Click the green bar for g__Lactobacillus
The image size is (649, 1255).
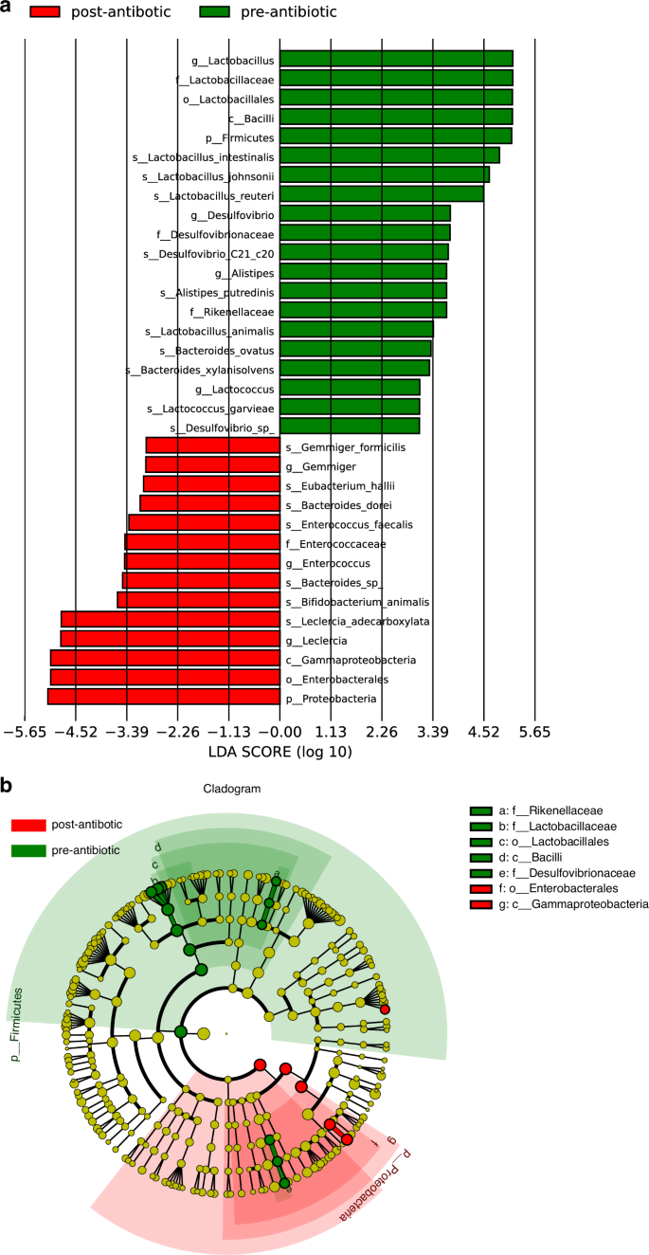(x=396, y=59)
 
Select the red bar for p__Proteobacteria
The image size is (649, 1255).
(x=164, y=698)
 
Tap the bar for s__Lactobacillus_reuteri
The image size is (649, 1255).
(x=381, y=194)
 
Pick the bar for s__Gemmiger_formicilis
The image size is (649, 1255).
(x=213, y=446)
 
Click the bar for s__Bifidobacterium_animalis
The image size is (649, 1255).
(x=199, y=601)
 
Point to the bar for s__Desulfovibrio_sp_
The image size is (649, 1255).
(x=350, y=427)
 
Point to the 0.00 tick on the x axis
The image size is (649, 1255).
(x=279, y=732)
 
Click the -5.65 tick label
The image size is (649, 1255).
(x=26, y=732)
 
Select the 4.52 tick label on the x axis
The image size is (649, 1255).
(x=484, y=732)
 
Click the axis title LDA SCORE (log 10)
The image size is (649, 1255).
(x=279, y=753)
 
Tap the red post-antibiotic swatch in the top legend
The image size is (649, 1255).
(x=34, y=12)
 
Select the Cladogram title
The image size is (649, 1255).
(x=231, y=789)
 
